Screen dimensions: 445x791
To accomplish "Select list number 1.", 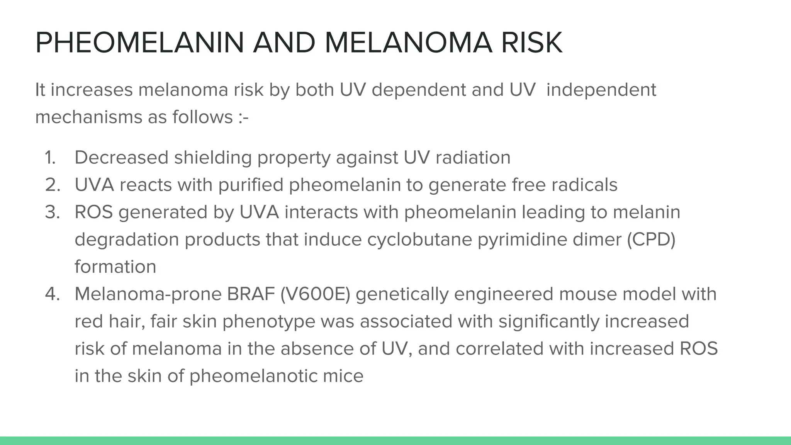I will point(50,158).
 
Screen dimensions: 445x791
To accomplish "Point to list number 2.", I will point(53,185).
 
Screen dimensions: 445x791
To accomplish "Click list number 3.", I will point(53,212).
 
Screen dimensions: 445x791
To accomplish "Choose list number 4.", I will point(53,294).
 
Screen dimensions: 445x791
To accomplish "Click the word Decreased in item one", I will point(122,158).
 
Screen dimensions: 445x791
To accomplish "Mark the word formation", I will point(115,267).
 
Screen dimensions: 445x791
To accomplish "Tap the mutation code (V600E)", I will point(315,294).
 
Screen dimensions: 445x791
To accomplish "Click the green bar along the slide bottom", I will point(395,441).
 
